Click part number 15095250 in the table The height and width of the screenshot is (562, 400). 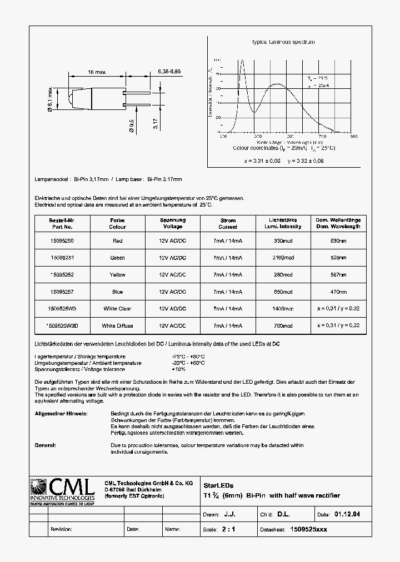(62, 241)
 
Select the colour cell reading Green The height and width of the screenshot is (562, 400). (118, 258)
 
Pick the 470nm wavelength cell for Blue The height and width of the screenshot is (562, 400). (338, 292)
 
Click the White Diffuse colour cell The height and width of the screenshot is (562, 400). (118, 325)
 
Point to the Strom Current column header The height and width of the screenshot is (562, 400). (228, 223)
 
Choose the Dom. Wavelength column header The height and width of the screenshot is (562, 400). (338, 223)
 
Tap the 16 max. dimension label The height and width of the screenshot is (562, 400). (97, 72)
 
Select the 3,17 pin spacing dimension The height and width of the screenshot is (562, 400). (156, 122)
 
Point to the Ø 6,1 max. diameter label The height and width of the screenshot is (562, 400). (51, 100)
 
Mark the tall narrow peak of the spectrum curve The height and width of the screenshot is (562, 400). (242, 62)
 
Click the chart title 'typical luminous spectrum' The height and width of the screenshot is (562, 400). (283, 42)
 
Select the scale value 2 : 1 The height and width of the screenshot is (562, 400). (228, 529)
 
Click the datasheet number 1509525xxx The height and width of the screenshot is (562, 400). (309, 529)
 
